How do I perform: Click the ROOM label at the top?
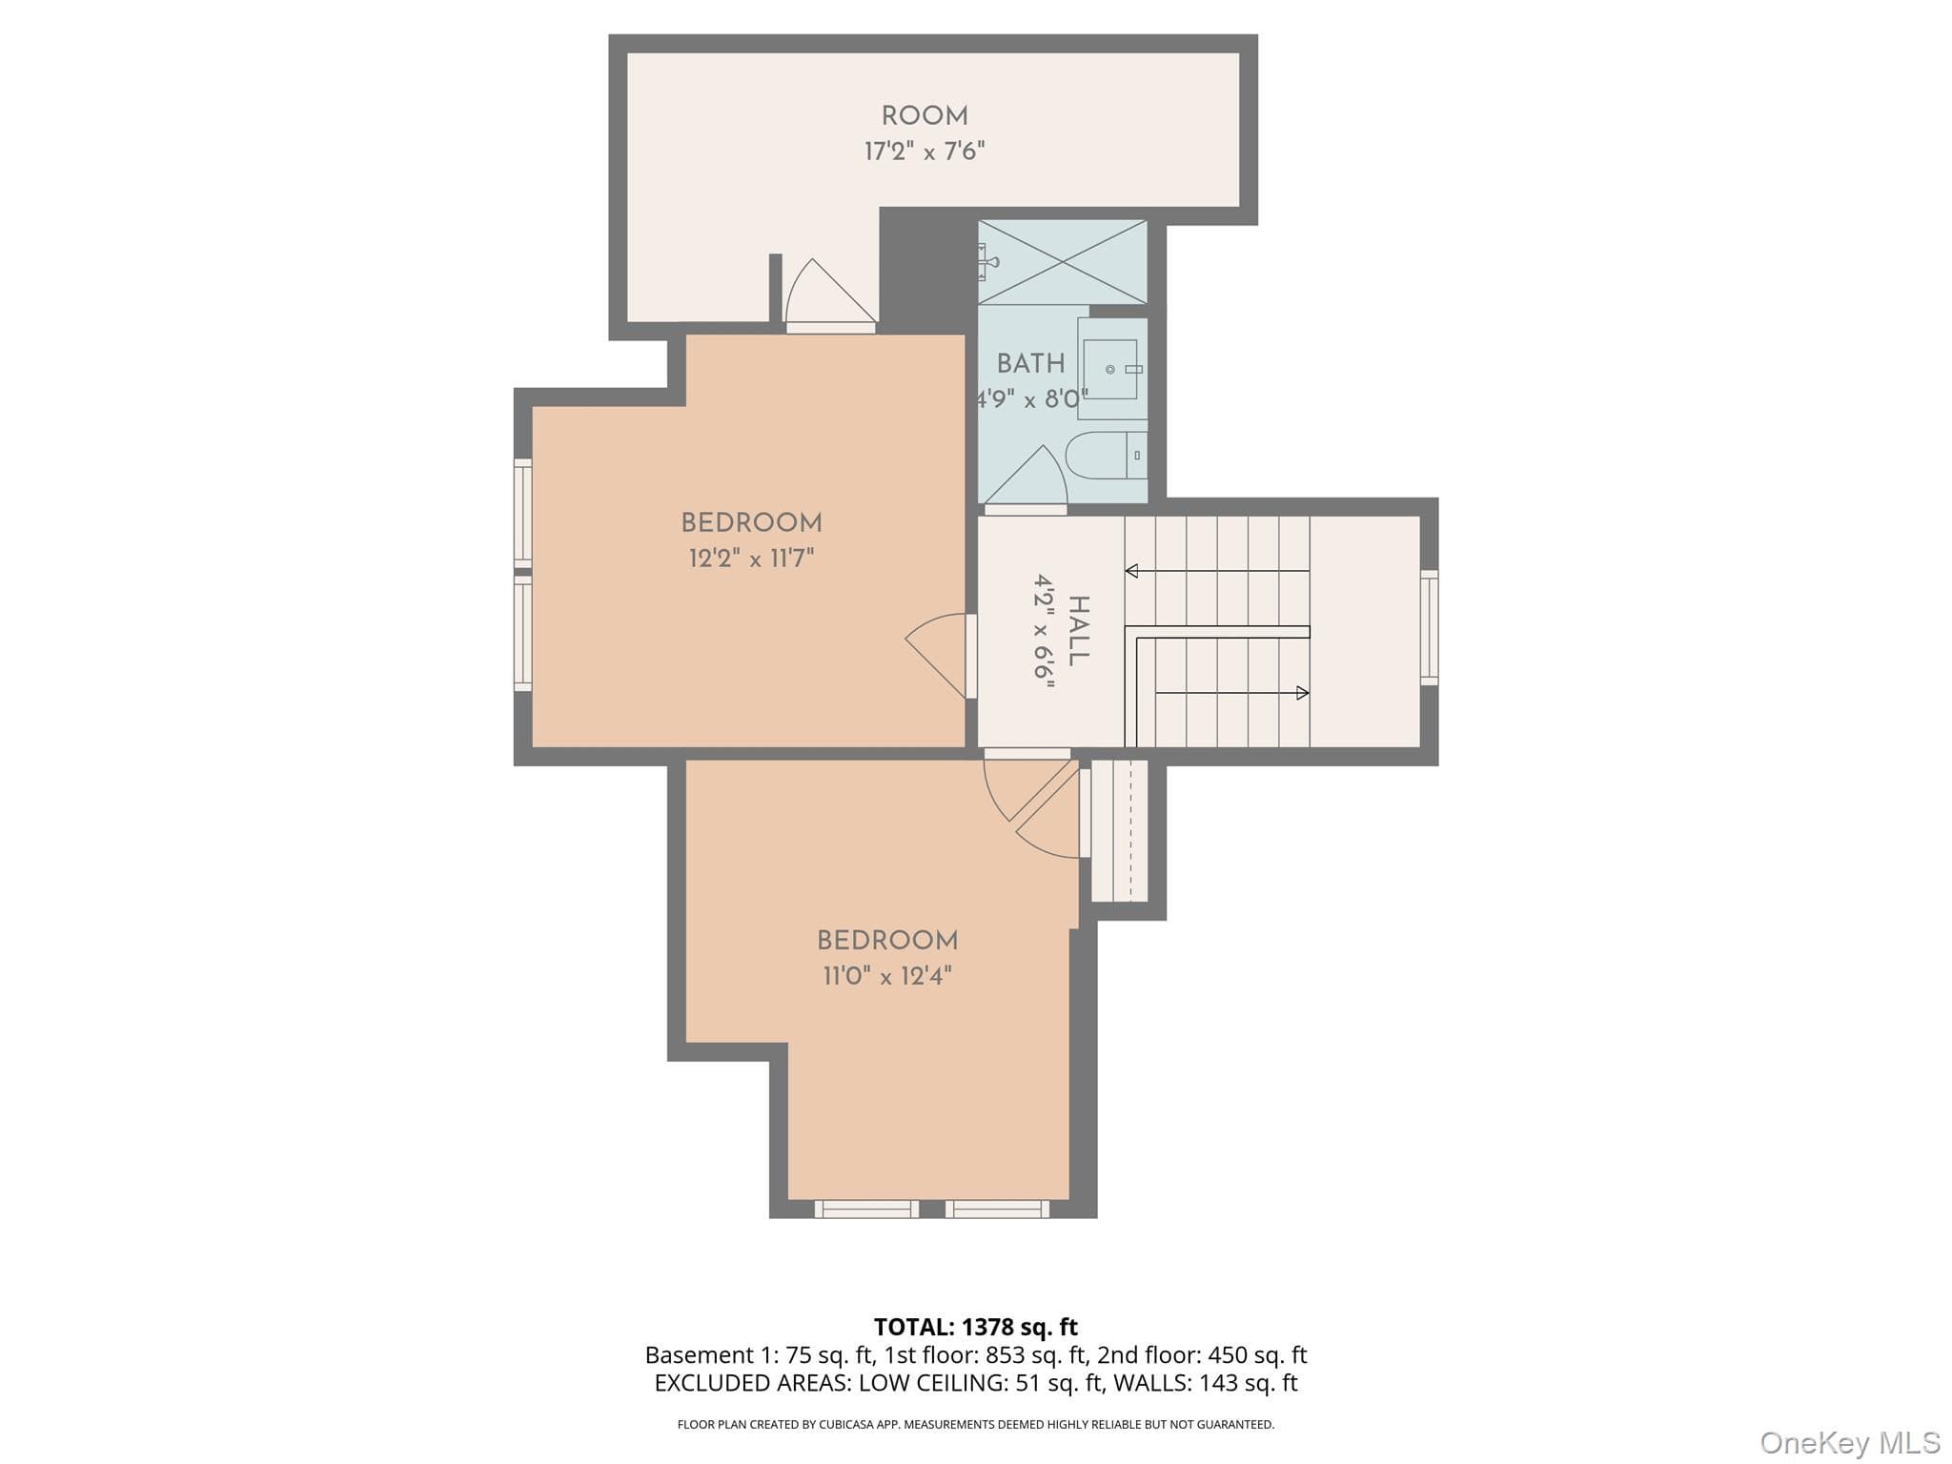click(x=925, y=116)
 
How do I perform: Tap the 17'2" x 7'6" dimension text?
click(x=925, y=152)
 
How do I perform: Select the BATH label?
click(x=1030, y=363)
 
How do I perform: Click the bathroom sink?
click(x=1112, y=369)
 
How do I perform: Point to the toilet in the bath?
click(x=1106, y=456)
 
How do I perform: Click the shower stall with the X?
click(x=1063, y=262)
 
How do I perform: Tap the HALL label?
click(x=1079, y=631)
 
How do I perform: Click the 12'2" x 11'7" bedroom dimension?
click(x=752, y=558)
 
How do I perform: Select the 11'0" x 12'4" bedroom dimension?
click(x=887, y=976)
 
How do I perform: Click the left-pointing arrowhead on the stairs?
click(x=1131, y=571)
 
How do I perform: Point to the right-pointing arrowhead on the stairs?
click(x=1303, y=693)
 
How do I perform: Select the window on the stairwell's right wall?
click(x=1429, y=627)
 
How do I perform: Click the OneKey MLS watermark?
click(x=1850, y=1442)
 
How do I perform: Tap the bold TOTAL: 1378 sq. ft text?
click(x=976, y=1327)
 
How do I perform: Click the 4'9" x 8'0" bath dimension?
click(x=1031, y=398)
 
